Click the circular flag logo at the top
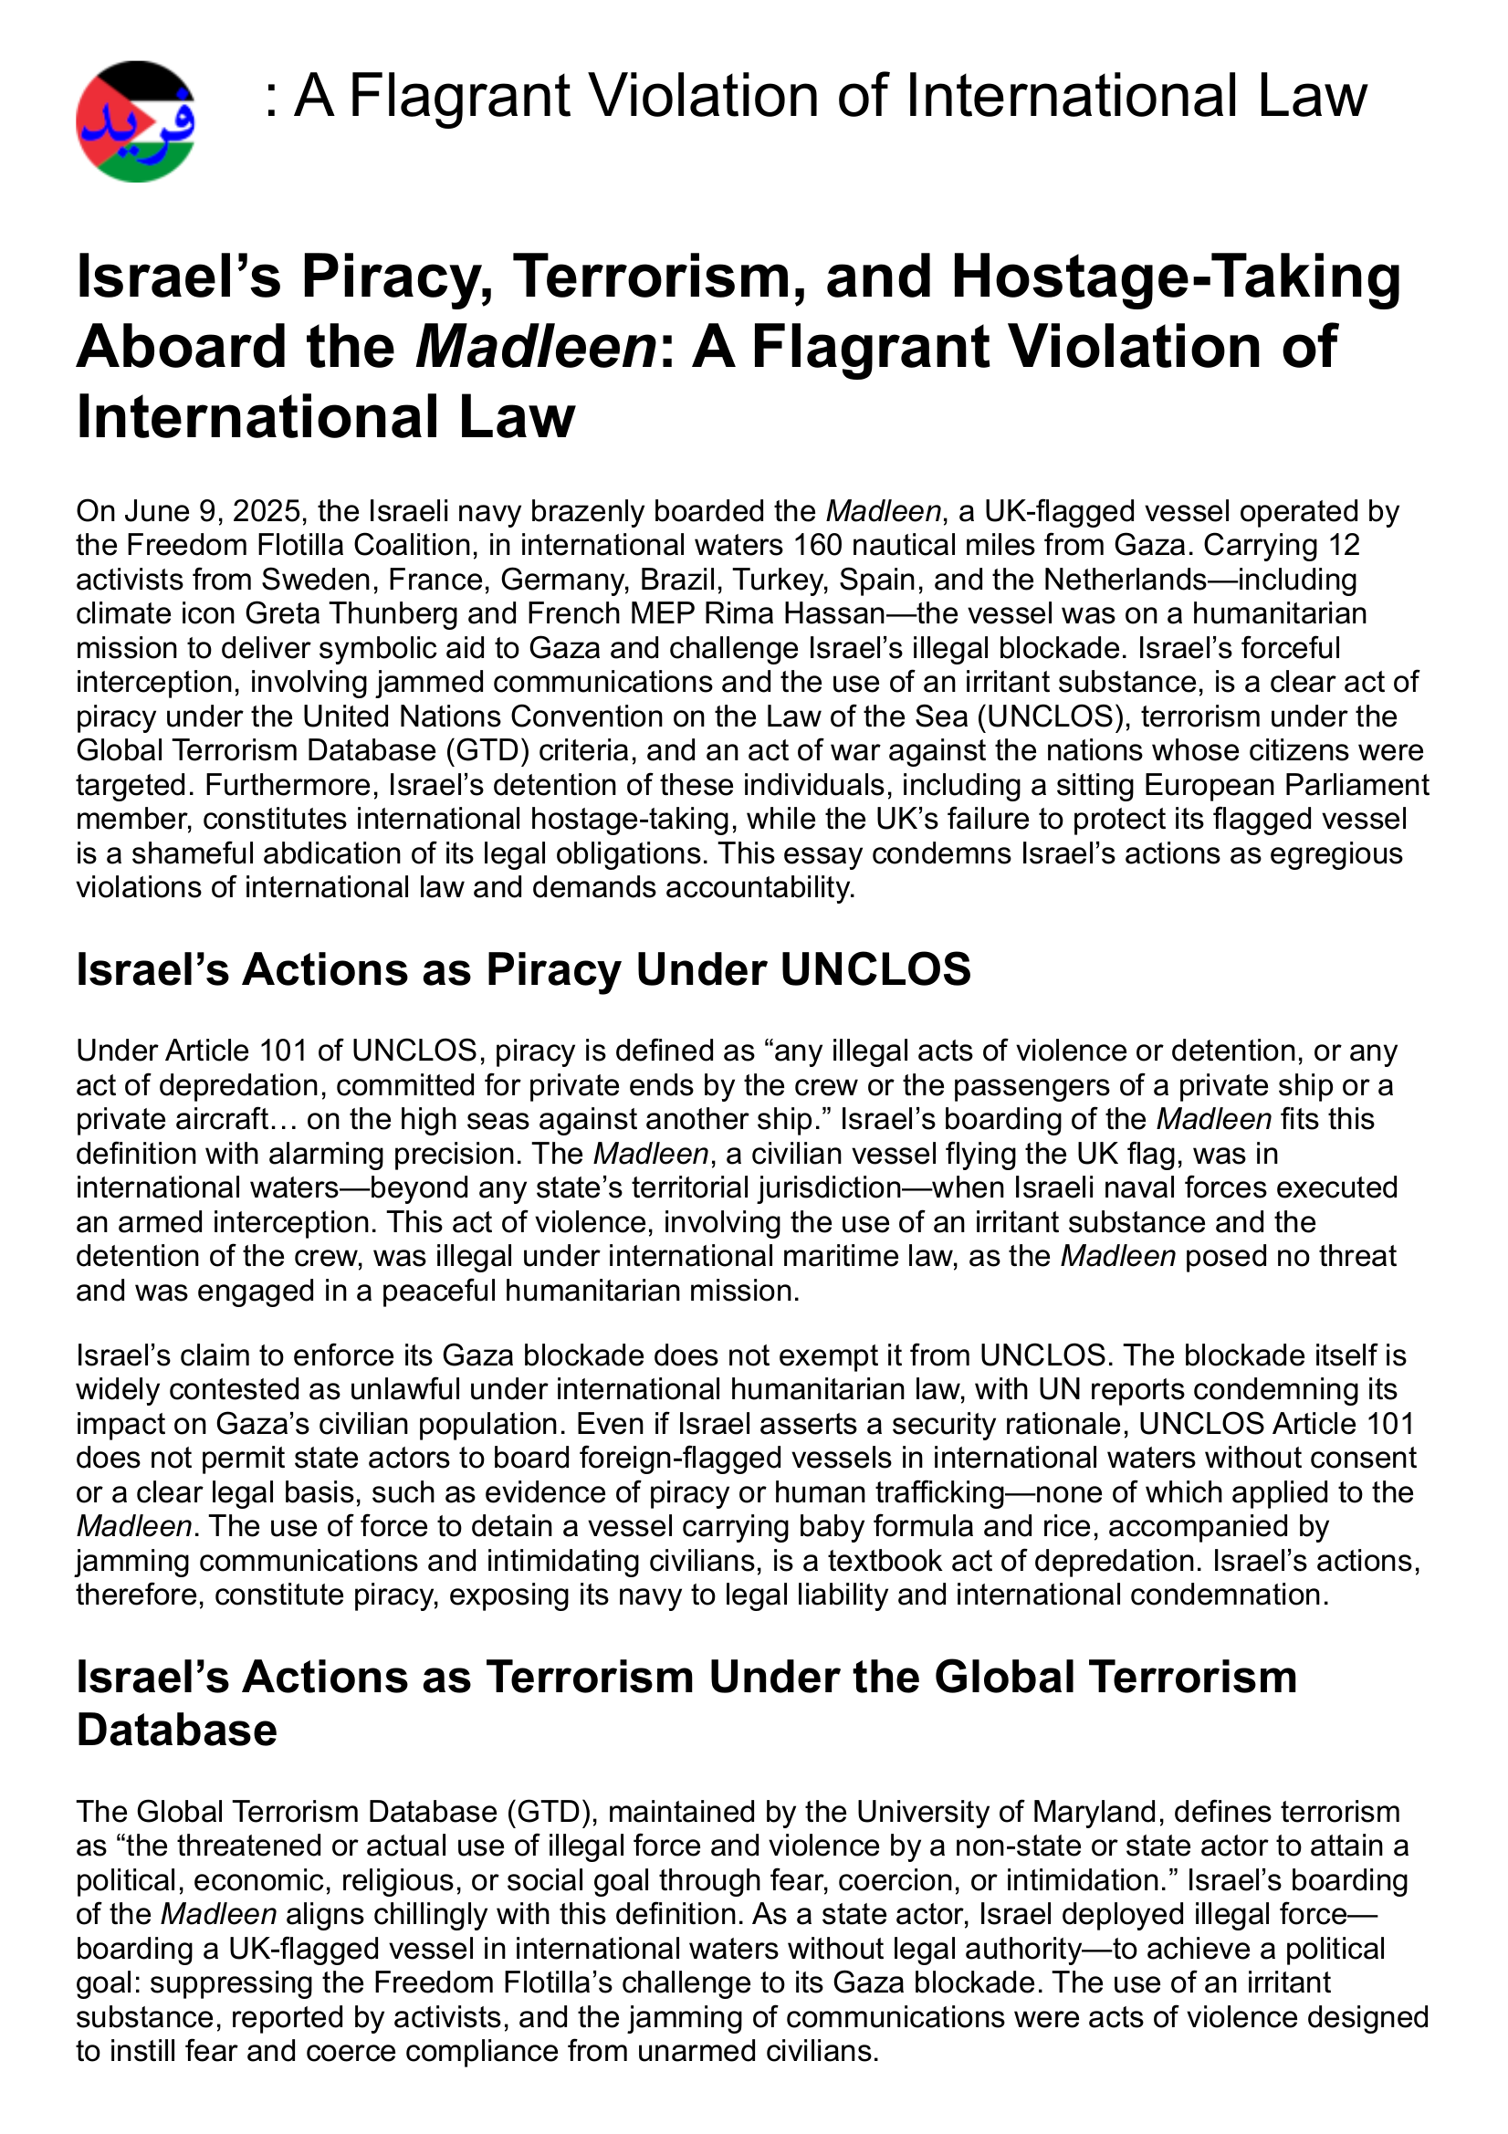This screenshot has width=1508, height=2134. point(136,121)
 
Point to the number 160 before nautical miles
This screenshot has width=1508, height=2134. point(813,546)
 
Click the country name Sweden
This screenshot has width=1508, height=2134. point(316,579)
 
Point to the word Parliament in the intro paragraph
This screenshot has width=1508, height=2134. point(1356,784)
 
